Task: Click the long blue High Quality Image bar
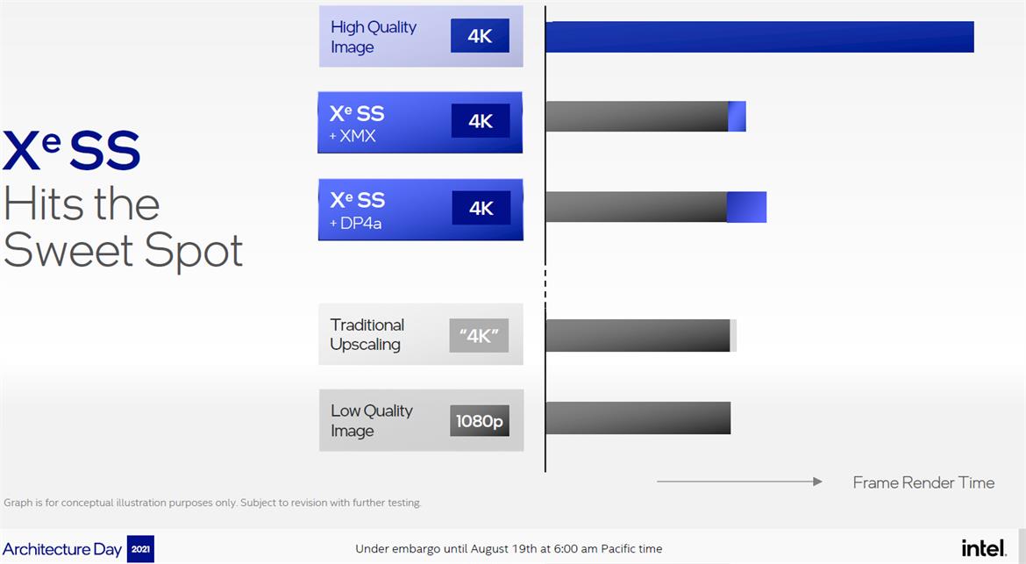pyautogui.click(x=759, y=37)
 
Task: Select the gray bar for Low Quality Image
pyautogui.click(x=638, y=418)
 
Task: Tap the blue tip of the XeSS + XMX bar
pyautogui.click(x=737, y=117)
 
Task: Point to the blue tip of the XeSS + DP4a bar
pyautogui.click(x=747, y=207)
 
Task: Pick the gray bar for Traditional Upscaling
pyautogui.click(x=638, y=335)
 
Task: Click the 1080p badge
pyautogui.click(x=480, y=421)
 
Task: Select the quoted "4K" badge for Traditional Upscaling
pyautogui.click(x=479, y=335)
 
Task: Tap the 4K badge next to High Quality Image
pyautogui.click(x=480, y=36)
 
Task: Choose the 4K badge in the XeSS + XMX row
pyautogui.click(x=481, y=121)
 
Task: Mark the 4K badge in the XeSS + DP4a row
pyautogui.click(x=481, y=208)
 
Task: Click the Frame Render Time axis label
pyautogui.click(x=923, y=482)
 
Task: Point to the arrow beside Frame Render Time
pyautogui.click(x=739, y=482)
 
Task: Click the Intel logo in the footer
pyautogui.click(x=983, y=548)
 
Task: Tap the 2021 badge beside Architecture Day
pyautogui.click(x=140, y=549)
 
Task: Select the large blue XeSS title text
pyautogui.click(x=72, y=151)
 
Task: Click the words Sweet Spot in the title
pyautogui.click(x=124, y=251)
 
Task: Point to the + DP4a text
pyautogui.click(x=356, y=224)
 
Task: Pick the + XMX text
pyautogui.click(x=353, y=137)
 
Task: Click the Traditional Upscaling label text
pyautogui.click(x=367, y=334)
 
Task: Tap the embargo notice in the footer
pyautogui.click(x=509, y=549)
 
